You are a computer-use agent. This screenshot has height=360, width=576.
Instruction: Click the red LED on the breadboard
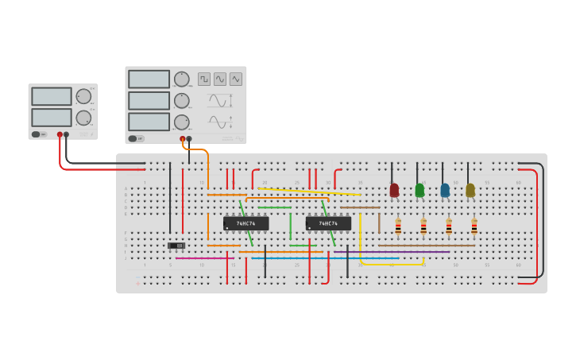point(394,190)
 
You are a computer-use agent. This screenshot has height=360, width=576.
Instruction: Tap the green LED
point(419,190)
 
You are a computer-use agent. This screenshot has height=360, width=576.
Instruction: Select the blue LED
point(445,190)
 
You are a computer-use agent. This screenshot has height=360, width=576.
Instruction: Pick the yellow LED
point(470,190)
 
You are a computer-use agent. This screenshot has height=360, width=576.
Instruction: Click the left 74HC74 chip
point(245,223)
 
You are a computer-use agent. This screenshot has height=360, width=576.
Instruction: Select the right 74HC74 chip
point(328,223)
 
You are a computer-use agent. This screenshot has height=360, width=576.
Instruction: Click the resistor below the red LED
point(398,227)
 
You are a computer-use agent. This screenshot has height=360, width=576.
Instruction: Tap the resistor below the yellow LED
point(474,227)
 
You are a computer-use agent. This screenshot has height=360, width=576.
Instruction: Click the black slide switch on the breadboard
point(176,246)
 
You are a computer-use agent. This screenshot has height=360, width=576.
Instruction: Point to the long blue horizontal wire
point(326,258)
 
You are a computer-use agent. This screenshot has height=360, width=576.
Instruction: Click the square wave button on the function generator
point(204,79)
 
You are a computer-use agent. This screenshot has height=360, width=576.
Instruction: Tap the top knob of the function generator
point(182,79)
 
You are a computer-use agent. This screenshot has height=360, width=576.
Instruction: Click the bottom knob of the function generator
point(182,122)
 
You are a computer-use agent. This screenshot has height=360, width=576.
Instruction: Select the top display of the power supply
point(52,95)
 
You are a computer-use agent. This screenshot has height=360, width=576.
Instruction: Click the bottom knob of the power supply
point(83,118)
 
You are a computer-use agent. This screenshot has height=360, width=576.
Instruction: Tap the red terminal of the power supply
point(60,135)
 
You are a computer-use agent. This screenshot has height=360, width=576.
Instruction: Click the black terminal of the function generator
point(188,139)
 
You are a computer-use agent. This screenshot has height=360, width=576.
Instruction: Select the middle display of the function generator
point(149,100)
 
